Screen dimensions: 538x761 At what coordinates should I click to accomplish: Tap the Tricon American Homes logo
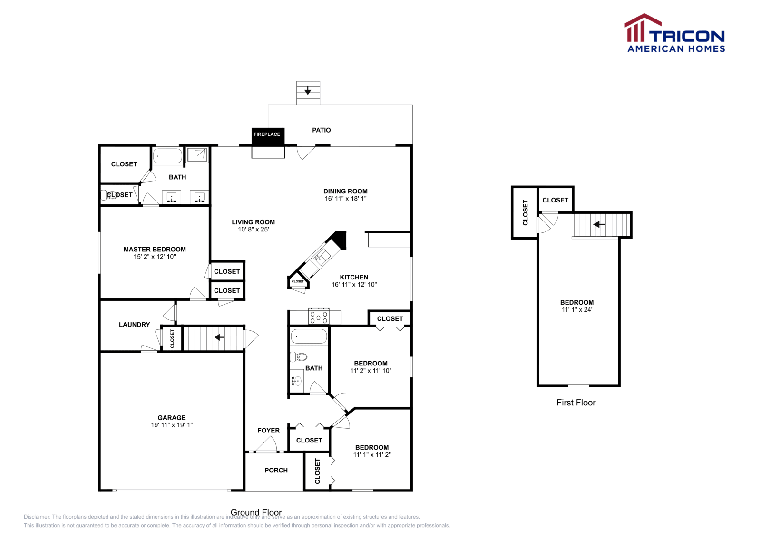pos(675,34)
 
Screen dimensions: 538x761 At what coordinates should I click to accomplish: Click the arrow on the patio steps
pos(308,89)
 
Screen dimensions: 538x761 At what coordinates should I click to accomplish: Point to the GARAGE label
pos(172,418)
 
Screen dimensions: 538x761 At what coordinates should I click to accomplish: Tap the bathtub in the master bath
pos(167,156)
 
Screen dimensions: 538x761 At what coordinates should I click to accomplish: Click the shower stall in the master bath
pos(197,154)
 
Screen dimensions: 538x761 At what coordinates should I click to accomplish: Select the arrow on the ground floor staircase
pos(219,337)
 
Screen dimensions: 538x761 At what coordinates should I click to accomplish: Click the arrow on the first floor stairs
pos(599,224)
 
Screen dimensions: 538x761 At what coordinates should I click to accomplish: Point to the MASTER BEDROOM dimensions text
pos(155,257)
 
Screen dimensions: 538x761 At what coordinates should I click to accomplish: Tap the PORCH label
pos(276,470)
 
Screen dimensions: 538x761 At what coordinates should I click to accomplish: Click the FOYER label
pos(268,431)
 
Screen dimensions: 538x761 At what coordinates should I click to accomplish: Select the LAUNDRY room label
pos(134,325)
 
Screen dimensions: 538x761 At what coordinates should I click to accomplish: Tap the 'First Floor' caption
pos(576,403)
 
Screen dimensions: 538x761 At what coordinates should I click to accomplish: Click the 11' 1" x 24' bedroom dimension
pos(576,310)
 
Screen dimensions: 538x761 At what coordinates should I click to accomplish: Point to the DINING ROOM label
pos(345,191)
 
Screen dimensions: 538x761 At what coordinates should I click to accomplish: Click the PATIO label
pos(321,130)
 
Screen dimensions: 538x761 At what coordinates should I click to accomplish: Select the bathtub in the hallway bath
pos(309,336)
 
